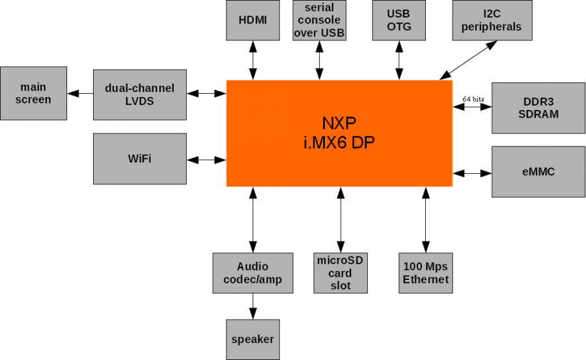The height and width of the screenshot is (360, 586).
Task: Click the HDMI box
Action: (x=253, y=20)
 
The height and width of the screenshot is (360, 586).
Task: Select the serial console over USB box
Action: (x=319, y=20)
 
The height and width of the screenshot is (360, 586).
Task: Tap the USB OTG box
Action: (x=398, y=20)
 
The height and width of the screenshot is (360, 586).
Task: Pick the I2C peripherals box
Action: (x=492, y=20)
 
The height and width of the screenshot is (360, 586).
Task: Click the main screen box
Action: (x=34, y=93)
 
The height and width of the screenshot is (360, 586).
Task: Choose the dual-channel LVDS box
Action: (x=140, y=93)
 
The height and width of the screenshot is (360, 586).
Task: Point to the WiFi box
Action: (x=140, y=158)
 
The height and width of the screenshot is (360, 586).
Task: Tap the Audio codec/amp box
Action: (x=253, y=273)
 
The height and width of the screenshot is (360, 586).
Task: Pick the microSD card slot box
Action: (x=340, y=273)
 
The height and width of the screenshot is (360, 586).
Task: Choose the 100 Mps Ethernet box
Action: (x=426, y=273)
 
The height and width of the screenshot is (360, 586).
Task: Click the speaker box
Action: (x=253, y=339)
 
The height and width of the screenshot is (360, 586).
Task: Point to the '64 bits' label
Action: (x=473, y=98)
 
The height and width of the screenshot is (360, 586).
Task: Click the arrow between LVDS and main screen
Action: (x=80, y=93)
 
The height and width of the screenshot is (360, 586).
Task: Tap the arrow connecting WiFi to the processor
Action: (x=206, y=159)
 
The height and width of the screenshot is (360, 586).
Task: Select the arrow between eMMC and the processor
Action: (x=472, y=173)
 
